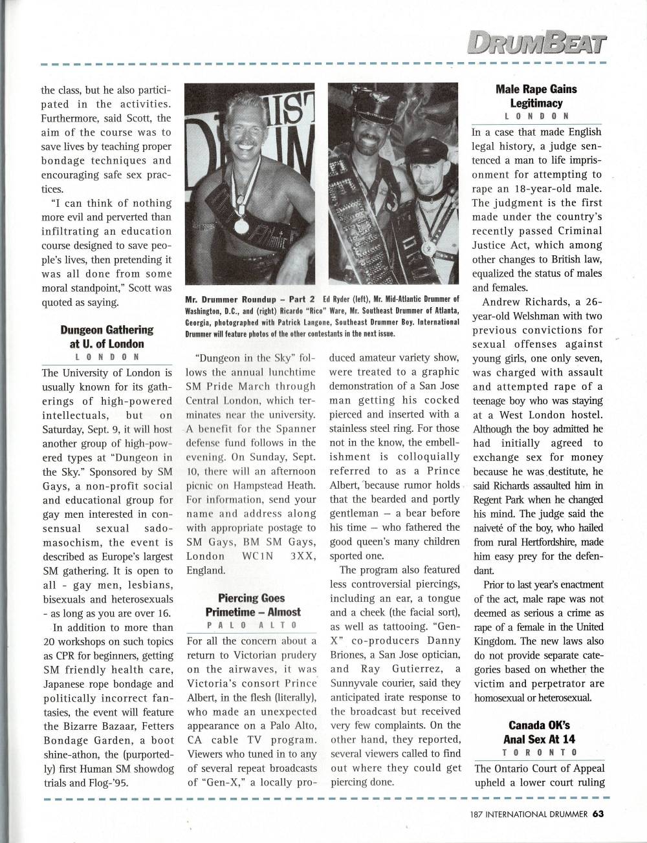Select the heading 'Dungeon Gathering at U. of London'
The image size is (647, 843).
point(107,336)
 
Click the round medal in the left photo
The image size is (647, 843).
point(241,226)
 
